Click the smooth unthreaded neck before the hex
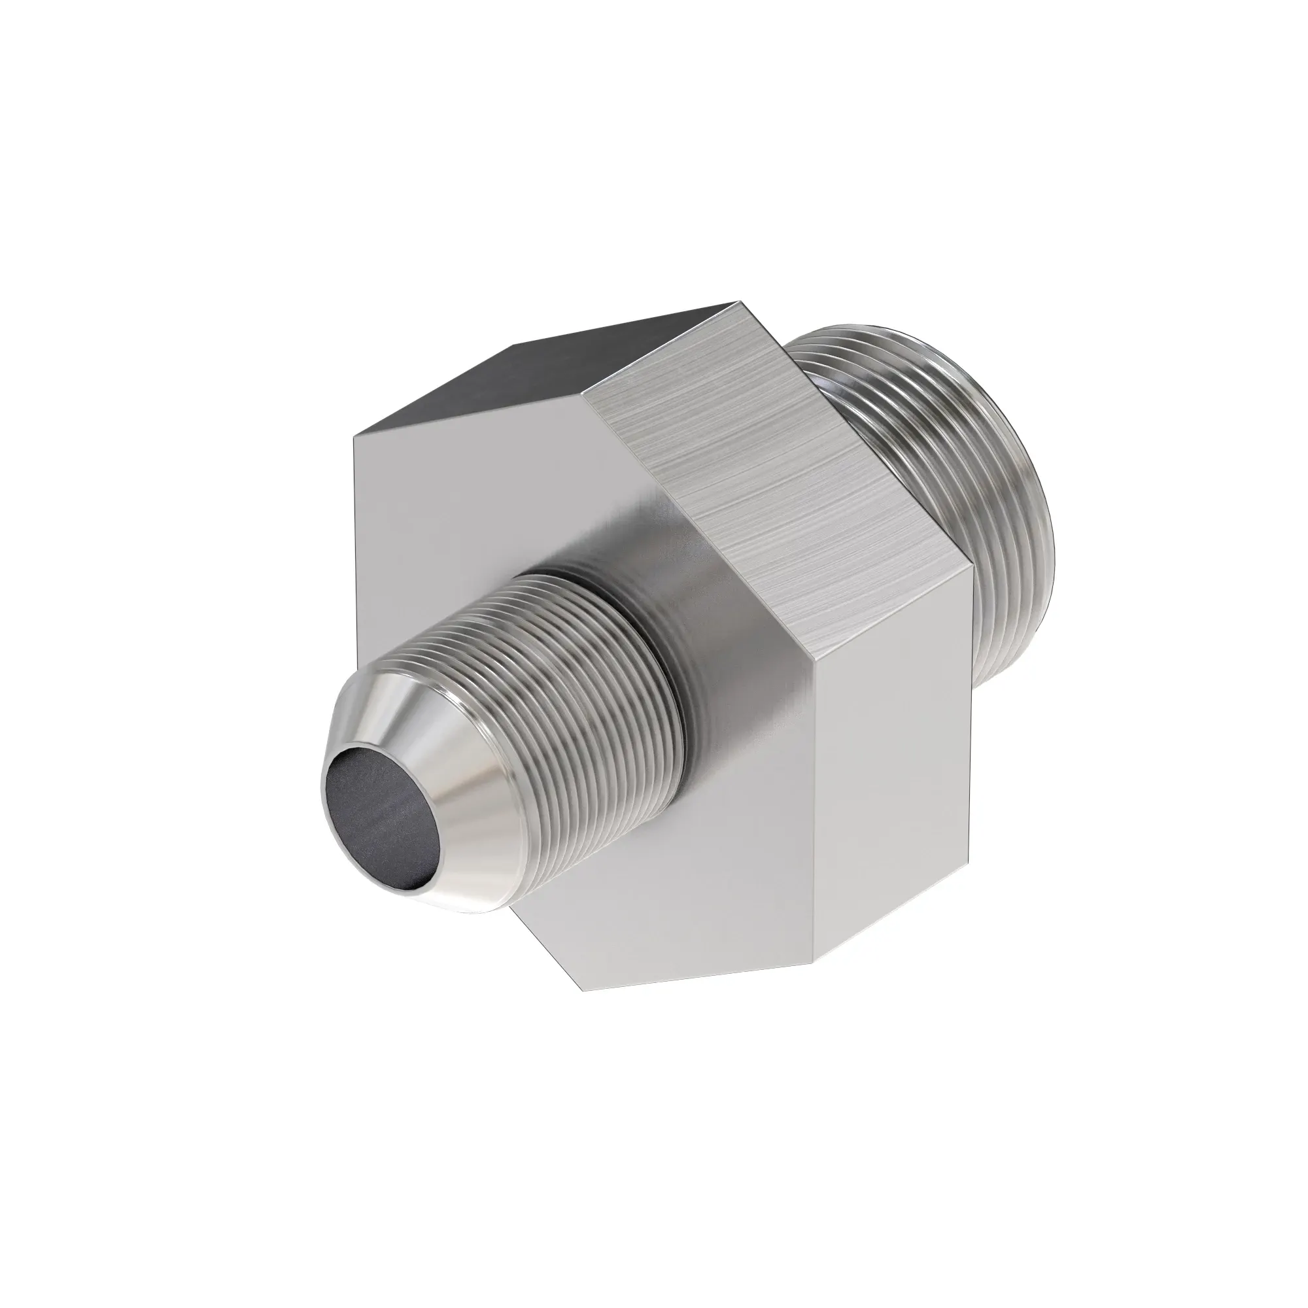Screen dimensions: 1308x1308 (x=684, y=596)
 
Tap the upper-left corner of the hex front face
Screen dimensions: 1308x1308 (x=354, y=438)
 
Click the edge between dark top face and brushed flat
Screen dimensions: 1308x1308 (x=663, y=346)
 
